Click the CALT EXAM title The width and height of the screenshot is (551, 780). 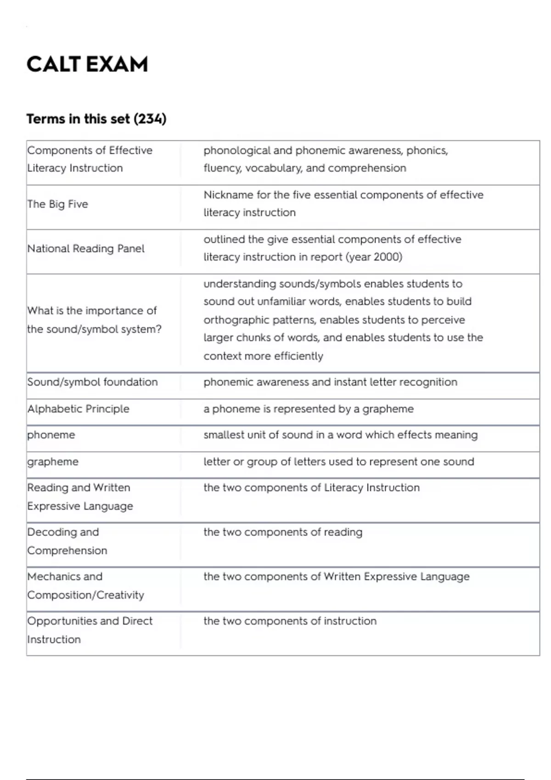(x=87, y=64)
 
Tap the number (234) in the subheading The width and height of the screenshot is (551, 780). (x=150, y=119)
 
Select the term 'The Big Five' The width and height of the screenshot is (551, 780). (x=57, y=204)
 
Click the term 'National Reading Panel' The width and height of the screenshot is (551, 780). (x=86, y=249)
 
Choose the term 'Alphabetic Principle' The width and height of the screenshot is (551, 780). (x=78, y=409)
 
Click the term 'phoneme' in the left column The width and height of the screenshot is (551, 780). (x=51, y=435)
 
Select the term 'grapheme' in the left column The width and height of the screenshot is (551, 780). (x=53, y=462)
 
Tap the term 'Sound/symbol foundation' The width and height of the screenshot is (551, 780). (x=92, y=382)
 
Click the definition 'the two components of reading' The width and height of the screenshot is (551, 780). (x=283, y=532)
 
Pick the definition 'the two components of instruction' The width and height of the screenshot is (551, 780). (x=290, y=621)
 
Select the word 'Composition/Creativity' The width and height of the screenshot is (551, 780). (x=85, y=595)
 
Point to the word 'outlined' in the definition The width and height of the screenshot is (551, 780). (x=224, y=240)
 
